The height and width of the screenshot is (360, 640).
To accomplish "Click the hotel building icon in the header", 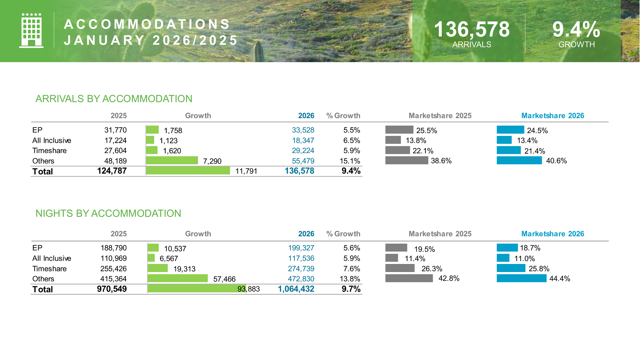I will pos(31,31).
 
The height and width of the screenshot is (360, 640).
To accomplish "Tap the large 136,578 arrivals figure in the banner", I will pos(472,29).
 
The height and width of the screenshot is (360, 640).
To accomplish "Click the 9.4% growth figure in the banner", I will pos(576,29).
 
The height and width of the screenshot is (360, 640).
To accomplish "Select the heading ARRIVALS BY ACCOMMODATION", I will pos(114,99).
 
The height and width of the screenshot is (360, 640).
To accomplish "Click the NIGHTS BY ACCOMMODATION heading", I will pos(108,213).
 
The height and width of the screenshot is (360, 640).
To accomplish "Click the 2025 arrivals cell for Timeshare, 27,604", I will pos(115,151).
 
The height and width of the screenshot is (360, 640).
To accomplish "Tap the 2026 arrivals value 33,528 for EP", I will pos(303,130).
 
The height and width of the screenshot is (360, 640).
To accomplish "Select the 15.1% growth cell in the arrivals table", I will pos(350,161).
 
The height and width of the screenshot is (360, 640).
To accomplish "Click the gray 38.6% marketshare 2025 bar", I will pos(406,160).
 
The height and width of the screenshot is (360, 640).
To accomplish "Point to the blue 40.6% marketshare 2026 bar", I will pos(519,160).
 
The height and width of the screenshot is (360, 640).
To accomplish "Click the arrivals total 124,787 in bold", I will pos(112,171).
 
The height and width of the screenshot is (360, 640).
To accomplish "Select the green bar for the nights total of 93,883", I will pos(196,289).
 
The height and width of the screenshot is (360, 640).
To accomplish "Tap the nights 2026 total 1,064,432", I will pos(296,289).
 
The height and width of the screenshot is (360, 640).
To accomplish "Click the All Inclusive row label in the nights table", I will pos(52,258).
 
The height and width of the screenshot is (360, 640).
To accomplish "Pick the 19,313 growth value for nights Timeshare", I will pos(184,269).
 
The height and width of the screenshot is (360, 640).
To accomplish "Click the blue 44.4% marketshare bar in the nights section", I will pos(521,278).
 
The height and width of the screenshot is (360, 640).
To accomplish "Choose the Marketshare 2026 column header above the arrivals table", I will pos(552,116).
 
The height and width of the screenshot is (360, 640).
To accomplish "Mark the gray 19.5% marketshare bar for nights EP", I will pos(396,248).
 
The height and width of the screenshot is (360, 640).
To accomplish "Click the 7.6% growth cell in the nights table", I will pos(352,269).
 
